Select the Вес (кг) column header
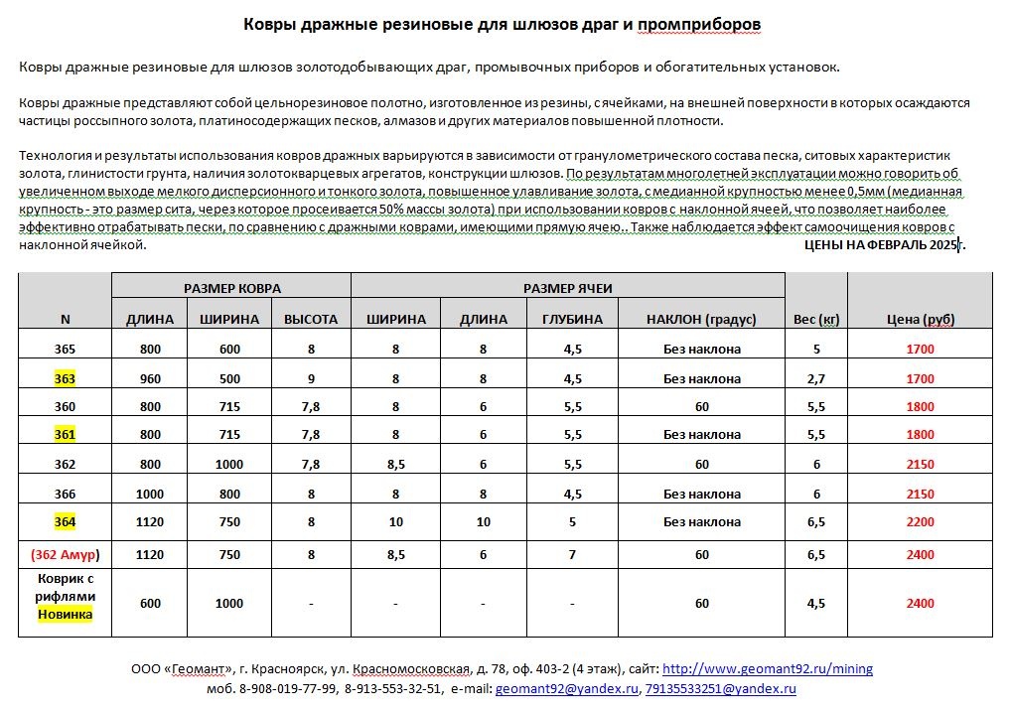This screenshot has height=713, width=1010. click(x=816, y=319)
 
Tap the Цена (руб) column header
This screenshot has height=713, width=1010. click(x=920, y=319)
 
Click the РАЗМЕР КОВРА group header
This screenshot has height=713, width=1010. click(x=231, y=288)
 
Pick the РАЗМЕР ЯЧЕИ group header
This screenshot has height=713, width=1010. click(x=568, y=288)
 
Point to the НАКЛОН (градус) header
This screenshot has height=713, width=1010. click(x=701, y=319)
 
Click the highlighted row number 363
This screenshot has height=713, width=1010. click(x=66, y=378)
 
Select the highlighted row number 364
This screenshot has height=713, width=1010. click(x=66, y=521)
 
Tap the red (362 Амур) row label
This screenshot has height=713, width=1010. click(x=66, y=554)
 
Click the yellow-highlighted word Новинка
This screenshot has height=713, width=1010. click(x=66, y=614)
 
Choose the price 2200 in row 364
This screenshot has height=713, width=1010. click(x=920, y=521)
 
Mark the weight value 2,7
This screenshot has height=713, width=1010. click(x=816, y=378)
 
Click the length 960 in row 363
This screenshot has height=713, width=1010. click(x=150, y=378)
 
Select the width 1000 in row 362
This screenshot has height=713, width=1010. click(x=229, y=464)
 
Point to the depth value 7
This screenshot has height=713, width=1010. click(x=572, y=554)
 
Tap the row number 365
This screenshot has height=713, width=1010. click(x=66, y=349)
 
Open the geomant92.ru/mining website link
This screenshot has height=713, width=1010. click(x=768, y=669)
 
